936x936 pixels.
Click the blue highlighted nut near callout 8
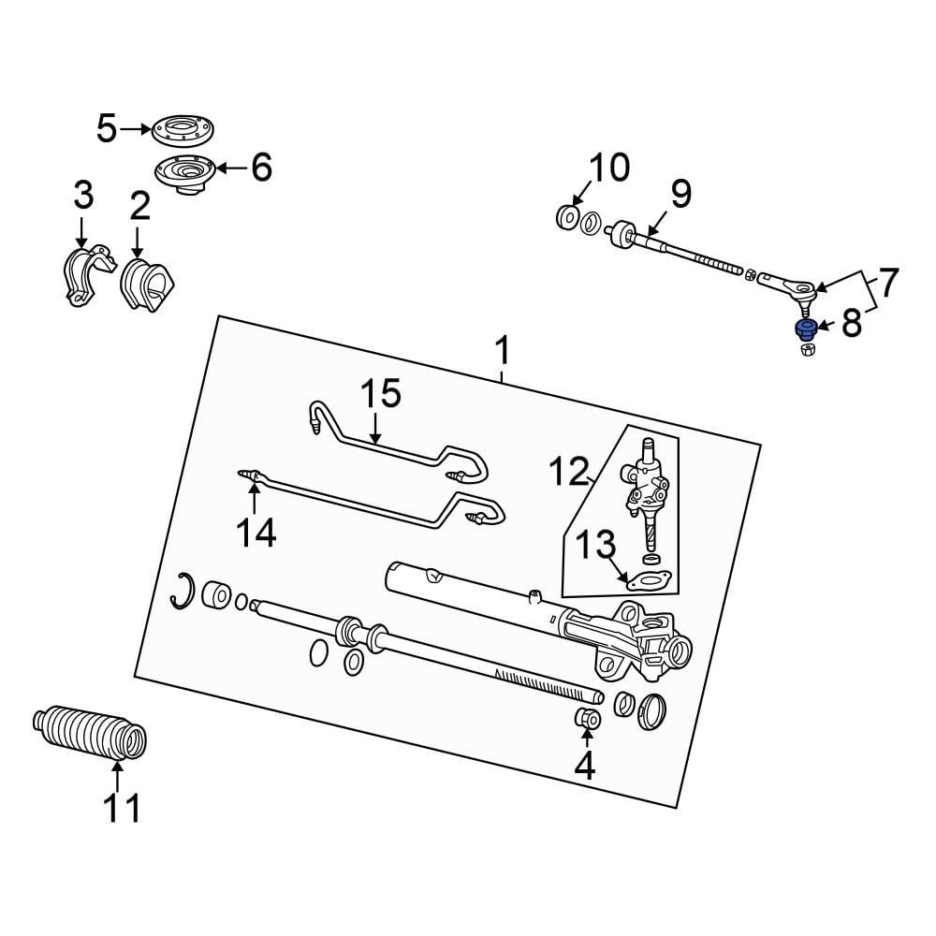click(x=807, y=329)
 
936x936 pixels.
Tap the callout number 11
click(x=122, y=809)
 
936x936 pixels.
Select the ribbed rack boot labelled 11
click(x=90, y=734)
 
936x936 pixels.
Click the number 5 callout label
click(x=107, y=129)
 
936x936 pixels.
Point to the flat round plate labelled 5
click(x=183, y=129)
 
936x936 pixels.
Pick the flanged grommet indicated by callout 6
click(x=184, y=174)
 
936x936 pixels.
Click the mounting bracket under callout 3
click(x=88, y=275)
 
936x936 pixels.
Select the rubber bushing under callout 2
click(x=147, y=285)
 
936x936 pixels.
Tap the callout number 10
click(x=609, y=168)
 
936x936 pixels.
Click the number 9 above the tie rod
click(x=681, y=194)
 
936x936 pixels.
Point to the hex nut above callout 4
click(x=587, y=719)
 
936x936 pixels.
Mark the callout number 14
click(x=256, y=534)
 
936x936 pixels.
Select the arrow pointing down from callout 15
click(x=374, y=428)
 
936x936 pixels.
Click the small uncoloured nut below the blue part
click(x=807, y=350)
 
